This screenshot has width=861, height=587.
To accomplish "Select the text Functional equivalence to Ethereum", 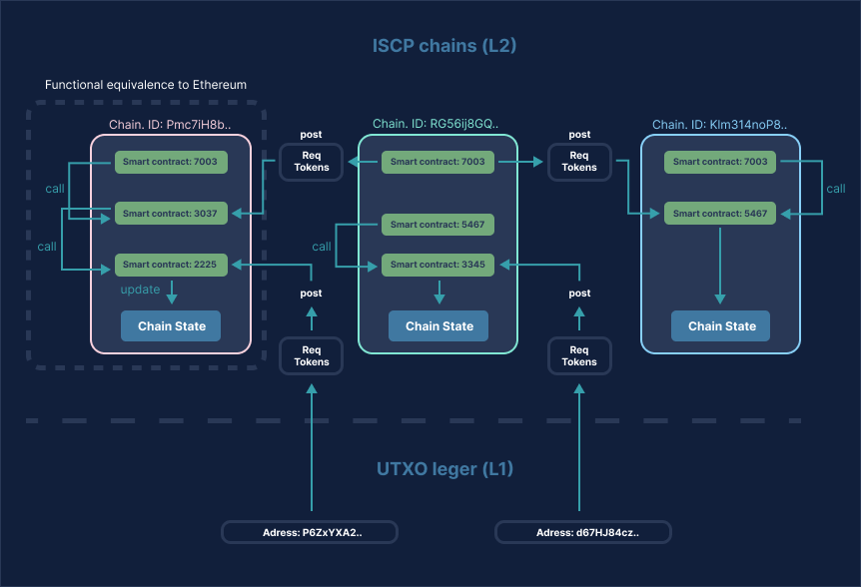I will (x=146, y=85).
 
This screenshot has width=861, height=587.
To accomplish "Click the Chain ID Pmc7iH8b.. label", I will (x=170, y=125).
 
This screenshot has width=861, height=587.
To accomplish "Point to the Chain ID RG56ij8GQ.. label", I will (x=435, y=124).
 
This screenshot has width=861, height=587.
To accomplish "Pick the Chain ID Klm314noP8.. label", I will (x=719, y=125).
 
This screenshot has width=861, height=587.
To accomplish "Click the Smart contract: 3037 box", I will (x=171, y=213).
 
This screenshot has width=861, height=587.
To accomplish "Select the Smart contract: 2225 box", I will (x=171, y=265).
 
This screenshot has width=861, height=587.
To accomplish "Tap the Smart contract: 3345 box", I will (x=437, y=265).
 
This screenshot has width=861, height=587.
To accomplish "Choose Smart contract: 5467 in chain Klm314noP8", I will (x=720, y=214).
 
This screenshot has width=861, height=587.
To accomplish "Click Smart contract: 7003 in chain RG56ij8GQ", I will (x=437, y=161).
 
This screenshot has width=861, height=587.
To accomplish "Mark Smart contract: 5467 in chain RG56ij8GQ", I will (x=437, y=225).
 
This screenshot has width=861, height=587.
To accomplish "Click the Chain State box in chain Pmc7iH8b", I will (x=171, y=326).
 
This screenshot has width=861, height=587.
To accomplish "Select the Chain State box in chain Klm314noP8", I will (x=720, y=326).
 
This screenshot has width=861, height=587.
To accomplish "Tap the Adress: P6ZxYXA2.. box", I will (x=310, y=532).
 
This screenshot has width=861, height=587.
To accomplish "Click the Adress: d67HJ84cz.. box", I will (x=583, y=532).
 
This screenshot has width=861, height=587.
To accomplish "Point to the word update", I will (x=141, y=290).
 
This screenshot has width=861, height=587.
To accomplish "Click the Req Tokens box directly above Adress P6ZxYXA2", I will (x=312, y=356).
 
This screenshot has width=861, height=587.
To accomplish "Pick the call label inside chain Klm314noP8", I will (x=835, y=189).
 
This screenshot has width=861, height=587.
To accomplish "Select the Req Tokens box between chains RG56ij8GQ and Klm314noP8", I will (x=579, y=162).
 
